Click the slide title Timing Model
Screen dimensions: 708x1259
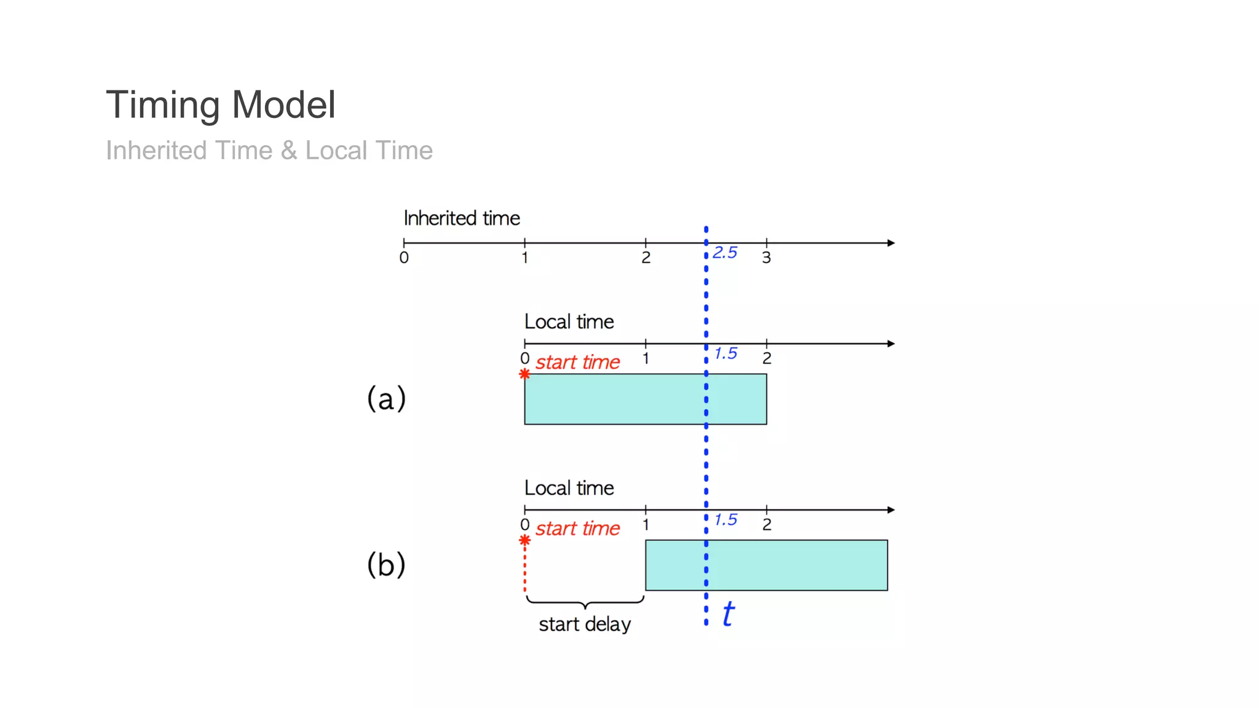(x=221, y=104)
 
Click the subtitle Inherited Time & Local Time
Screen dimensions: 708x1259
(x=269, y=151)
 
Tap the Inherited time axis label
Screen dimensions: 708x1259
(x=462, y=218)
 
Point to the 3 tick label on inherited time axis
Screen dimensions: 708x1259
(x=766, y=258)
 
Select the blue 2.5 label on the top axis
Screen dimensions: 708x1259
(x=725, y=253)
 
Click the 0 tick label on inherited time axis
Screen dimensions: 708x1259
(x=404, y=258)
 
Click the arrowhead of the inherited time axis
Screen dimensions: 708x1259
(x=891, y=243)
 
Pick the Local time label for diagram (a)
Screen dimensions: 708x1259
(x=569, y=322)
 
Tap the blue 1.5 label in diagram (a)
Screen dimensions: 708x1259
(x=725, y=353)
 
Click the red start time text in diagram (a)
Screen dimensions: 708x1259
(x=577, y=363)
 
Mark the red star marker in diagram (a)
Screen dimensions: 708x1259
(x=524, y=374)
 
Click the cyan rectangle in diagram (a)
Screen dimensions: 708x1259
(x=615, y=399)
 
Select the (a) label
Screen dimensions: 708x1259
(x=386, y=398)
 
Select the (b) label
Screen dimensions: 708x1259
(x=386, y=564)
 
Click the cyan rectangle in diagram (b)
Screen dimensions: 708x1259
(x=799, y=565)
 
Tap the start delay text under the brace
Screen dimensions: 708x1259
(x=585, y=624)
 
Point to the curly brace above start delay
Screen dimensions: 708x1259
(x=585, y=602)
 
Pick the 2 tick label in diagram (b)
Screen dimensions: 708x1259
(x=767, y=525)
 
